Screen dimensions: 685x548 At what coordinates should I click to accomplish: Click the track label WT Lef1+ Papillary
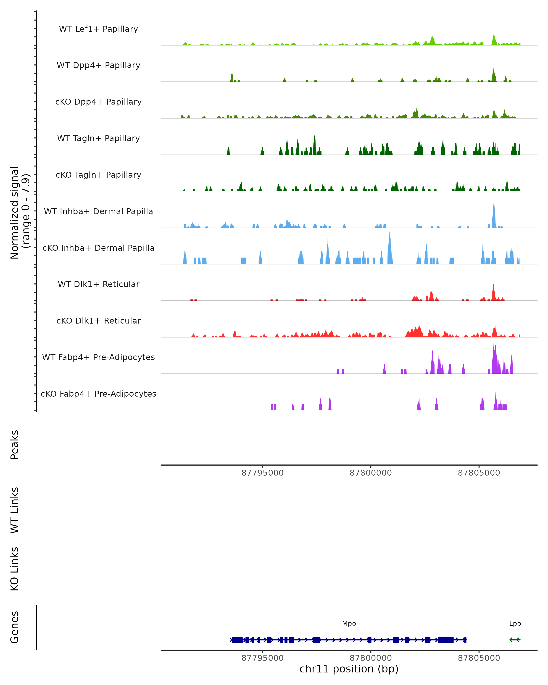point(98,29)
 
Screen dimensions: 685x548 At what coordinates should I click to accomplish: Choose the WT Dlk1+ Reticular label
point(98,284)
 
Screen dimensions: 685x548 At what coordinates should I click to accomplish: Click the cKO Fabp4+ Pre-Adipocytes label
point(98,394)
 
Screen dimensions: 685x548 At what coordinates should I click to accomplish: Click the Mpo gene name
point(349,623)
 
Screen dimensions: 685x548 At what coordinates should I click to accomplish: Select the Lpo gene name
point(515,623)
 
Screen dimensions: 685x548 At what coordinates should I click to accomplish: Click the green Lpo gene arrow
point(515,640)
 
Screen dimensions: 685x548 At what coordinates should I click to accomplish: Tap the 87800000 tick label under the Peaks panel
point(371,473)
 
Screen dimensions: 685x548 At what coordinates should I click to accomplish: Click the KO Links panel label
point(15,569)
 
